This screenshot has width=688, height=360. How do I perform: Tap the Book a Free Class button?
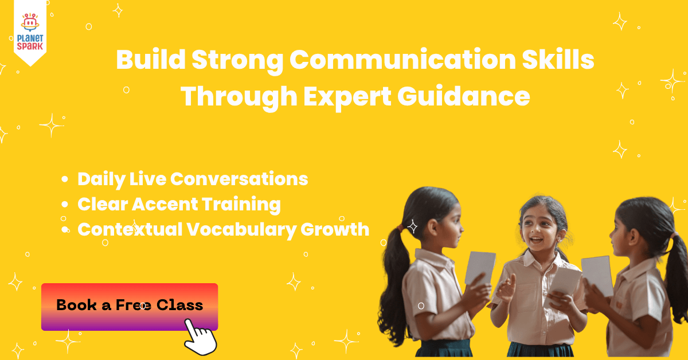[130, 306]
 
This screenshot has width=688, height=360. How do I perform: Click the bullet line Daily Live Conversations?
[193, 179]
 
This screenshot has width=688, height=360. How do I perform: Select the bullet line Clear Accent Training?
[179, 204]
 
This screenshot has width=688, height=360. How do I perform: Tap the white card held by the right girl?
[597, 275]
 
